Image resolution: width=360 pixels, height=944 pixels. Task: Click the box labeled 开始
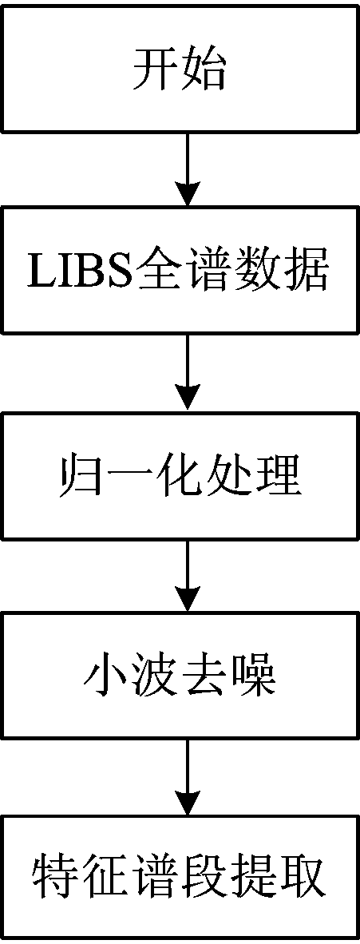pyautogui.click(x=180, y=68)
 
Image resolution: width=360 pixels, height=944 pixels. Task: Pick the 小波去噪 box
pyautogui.click(x=180, y=676)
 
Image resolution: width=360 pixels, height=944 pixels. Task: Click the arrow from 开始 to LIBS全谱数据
pyautogui.click(x=188, y=169)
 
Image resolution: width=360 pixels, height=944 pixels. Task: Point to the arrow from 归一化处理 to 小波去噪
pyautogui.click(x=188, y=576)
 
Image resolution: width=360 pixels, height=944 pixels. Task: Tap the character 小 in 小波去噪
pyautogui.click(x=105, y=676)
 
